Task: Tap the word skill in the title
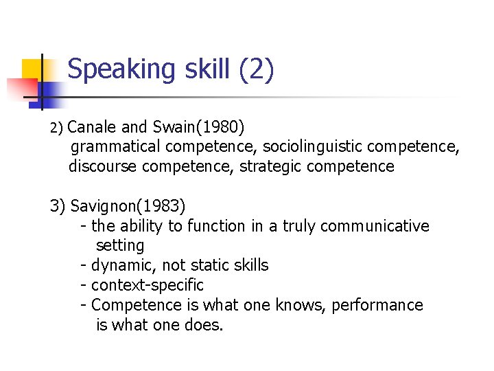pyautogui.click(x=200, y=70)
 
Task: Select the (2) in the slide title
pyautogui.click(x=257, y=70)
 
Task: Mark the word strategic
pyautogui.click(x=270, y=166)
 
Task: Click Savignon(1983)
pyautogui.click(x=128, y=206)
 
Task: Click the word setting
pyautogui.click(x=120, y=245)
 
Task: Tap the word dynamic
pyautogui.click(x=122, y=265)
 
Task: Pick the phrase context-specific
pyautogui.click(x=148, y=285)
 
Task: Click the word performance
pyautogui.click(x=377, y=305)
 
